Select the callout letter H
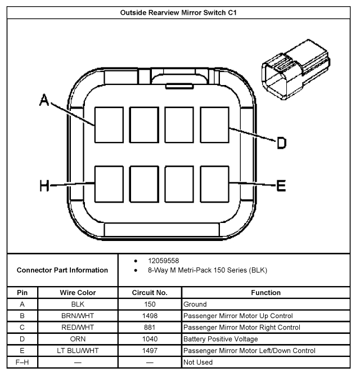tap(45, 186)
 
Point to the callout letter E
tap(281, 186)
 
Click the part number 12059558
tap(163, 261)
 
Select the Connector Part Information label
tap(62, 270)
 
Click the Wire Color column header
tap(78, 293)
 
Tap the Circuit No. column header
tap(150, 293)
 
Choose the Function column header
tap(266, 293)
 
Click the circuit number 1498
tap(150, 316)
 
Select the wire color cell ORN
tap(78, 339)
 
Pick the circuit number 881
tap(150, 327)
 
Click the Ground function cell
tap(195, 304)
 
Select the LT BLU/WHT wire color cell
tap(78, 350)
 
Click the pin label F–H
tap(21, 362)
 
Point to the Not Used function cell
tap(198, 362)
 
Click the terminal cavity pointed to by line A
tap(109, 124)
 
